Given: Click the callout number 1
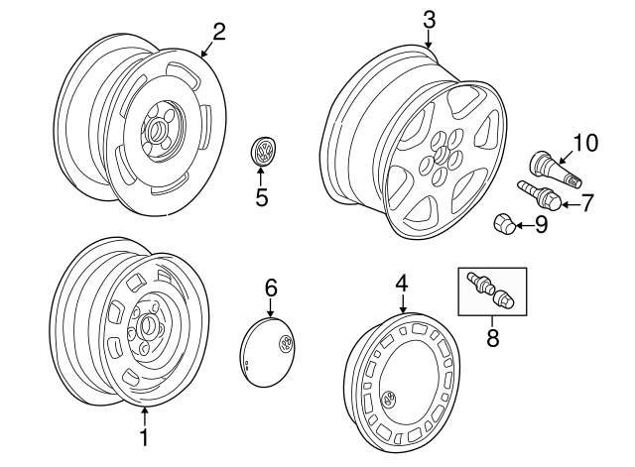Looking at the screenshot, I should [x=144, y=435].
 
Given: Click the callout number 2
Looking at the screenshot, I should [x=219, y=31].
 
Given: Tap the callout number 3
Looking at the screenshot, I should [x=429, y=19].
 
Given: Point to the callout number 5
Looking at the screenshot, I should [x=262, y=196].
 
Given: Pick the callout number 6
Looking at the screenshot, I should [x=271, y=289].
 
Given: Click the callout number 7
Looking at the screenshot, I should [x=586, y=203].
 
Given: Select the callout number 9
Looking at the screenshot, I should [x=541, y=224].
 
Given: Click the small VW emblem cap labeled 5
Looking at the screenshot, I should [x=263, y=153].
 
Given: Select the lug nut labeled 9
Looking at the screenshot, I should [x=504, y=225].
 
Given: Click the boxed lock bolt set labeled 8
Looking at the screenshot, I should [x=490, y=289].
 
